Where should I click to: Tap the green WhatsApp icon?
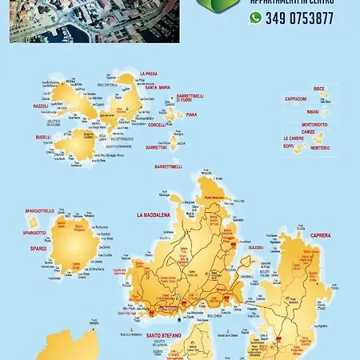pos(255,18)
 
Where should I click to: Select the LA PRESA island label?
pos(145,73)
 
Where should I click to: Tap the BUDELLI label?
pos(43,137)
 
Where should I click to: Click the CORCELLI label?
pos(158,124)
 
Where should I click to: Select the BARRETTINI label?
pos(157,147)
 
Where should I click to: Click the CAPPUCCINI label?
pos(295,98)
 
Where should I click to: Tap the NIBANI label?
pos(312,113)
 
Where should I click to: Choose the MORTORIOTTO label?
pos(314,125)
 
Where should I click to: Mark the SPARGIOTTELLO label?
pos(39,210)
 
